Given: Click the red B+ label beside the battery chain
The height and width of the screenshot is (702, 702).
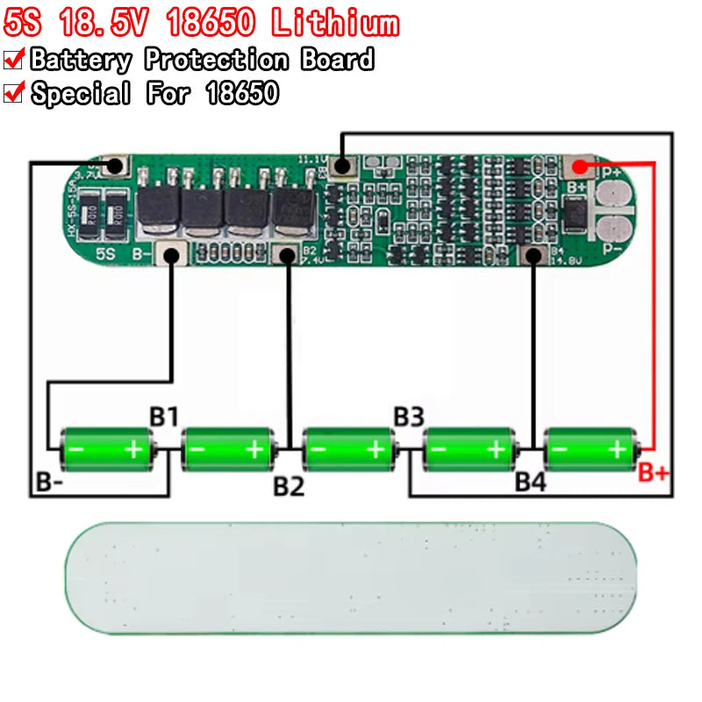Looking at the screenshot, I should [x=654, y=475].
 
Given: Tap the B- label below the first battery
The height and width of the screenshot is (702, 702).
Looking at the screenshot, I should [x=49, y=482].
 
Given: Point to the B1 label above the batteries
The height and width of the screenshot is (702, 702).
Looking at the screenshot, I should [x=163, y=416].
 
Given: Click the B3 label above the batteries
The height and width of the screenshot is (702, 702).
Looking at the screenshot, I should [x=409, y=416].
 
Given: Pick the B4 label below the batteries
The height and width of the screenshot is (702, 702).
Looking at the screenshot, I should [x=530, y=482].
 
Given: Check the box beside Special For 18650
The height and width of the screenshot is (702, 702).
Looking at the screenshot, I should [x=13, y=92].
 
